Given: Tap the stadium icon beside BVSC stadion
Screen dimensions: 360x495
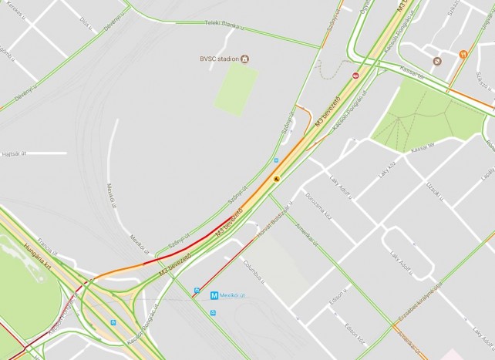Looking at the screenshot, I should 245,59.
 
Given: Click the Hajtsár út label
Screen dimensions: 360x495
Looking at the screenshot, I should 15,154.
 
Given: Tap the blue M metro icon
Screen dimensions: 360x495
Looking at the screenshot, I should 196,292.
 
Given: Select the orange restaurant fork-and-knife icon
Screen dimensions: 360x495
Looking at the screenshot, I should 463,55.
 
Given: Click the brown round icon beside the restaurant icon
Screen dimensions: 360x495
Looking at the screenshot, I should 437,59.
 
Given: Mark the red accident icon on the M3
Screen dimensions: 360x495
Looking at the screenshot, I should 355,76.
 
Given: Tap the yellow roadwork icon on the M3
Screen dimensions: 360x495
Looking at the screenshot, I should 274,177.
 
